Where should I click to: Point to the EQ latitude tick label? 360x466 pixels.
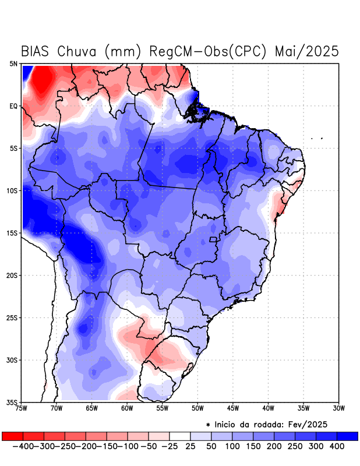(x=13, y=106)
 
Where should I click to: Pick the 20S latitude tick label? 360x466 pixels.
(x=12, y=276)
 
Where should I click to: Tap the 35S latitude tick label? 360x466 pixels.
(x=12, y=403)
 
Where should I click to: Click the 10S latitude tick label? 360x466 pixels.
(x=12, y=191)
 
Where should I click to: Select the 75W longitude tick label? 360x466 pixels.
(x=22, y=409)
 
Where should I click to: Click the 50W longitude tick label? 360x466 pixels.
(x=197, y=409)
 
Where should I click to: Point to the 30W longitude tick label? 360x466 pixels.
(x=338, y=409)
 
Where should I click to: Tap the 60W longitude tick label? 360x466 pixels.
(x=127, y=409)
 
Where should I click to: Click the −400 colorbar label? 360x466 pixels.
(x=24, y=446)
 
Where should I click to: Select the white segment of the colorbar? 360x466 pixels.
(x=180, y=436)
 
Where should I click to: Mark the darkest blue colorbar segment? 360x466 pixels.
(x=348, y=436)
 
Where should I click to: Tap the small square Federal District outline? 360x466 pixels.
(x=213, y=239)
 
